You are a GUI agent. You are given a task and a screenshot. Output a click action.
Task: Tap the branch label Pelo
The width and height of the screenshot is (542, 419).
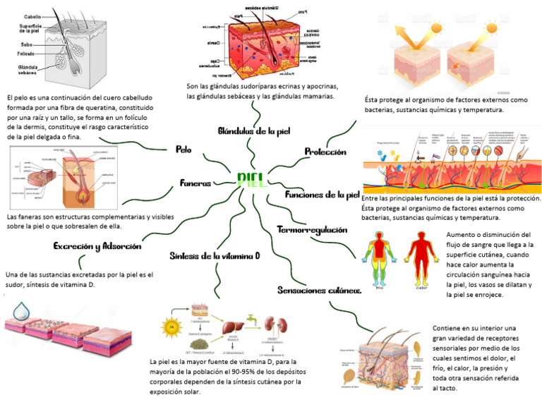[x=183, y=150]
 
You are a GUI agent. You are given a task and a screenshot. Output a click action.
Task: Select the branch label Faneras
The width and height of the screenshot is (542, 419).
[x=195, y=183]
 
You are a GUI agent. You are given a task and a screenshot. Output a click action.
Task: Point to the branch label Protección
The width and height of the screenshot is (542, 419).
[x=325, y=152]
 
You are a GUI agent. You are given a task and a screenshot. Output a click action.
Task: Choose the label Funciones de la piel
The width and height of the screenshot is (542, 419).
[x=323, y=195]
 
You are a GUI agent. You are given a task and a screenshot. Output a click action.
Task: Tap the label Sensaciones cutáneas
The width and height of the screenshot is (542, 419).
[x=320, y=290]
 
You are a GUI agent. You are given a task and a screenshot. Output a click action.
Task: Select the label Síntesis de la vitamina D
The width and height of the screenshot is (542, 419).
[x=215, y=255]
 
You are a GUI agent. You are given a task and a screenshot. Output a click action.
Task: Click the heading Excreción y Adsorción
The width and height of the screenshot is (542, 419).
[x=98, y=246]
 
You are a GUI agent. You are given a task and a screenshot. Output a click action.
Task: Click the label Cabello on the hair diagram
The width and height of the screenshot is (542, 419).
[x=32, y=16]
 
